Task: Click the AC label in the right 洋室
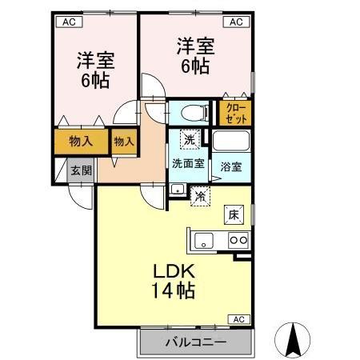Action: tap(238, 22)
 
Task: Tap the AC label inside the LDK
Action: tap(238, 319)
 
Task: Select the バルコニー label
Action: tap(196, 342)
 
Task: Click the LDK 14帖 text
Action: tap(170, 278)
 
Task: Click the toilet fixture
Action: tap(190, 112)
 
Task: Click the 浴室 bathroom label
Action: tap(232, 167)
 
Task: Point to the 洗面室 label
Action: tap(188, 163)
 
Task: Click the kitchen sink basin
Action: tap(202, 238)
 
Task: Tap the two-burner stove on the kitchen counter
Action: tap(238, 238)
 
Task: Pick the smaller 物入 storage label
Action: tap(124, 141)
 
